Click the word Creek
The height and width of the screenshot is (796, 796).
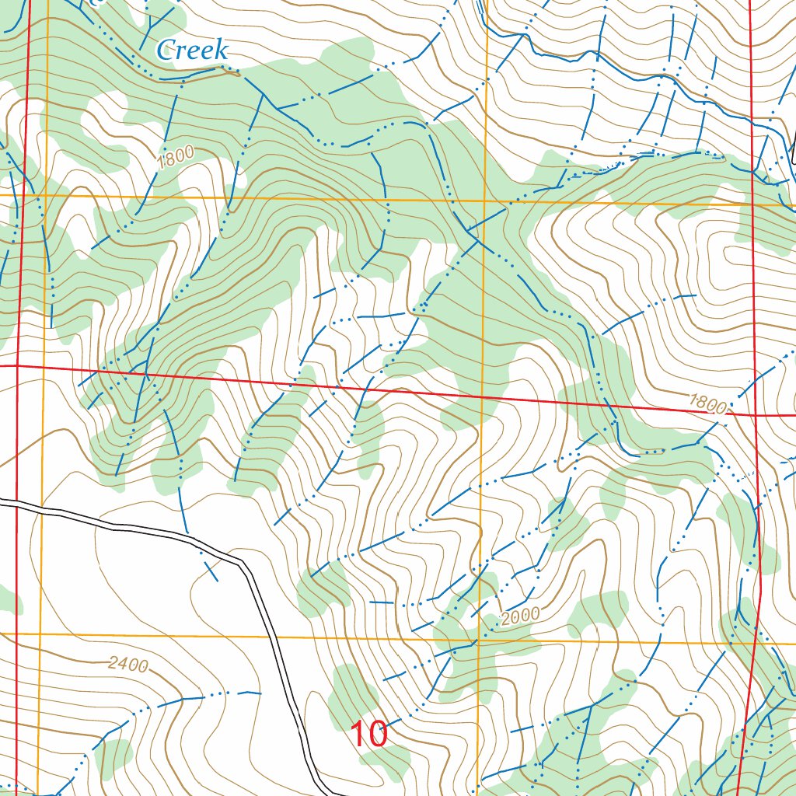tap(192, 51)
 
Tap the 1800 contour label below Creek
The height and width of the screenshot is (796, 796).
tap(174, 159)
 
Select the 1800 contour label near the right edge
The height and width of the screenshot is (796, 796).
tap(707, 404)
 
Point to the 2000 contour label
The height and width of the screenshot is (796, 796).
tap(520, 617)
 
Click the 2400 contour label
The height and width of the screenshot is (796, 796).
tap(128, 665)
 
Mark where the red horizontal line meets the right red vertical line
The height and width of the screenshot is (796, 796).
tap(756, 415)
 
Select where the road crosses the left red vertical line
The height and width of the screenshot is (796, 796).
tap(16, 504)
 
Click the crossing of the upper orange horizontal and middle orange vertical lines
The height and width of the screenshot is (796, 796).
tap(485, 201)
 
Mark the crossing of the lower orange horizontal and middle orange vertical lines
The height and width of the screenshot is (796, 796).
tap(478, 640)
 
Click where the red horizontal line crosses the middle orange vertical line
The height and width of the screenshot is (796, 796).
tap(482, 397)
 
